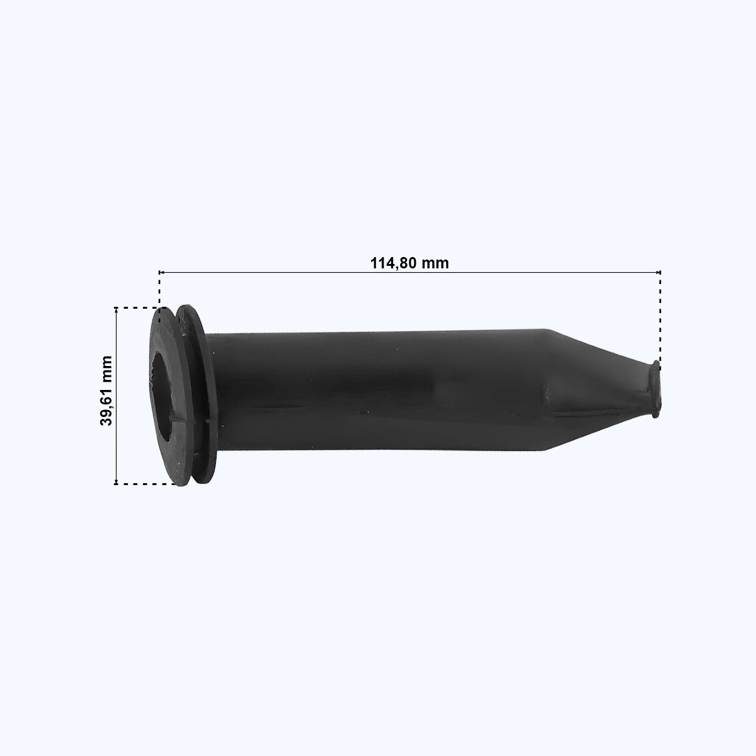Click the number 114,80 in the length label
pos(394,263)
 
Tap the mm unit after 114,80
pos(435,264)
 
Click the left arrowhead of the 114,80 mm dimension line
pos(161,272)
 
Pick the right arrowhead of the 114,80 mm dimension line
pos(658,272)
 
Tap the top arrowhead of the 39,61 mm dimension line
pos(116,309)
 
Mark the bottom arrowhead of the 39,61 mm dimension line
pos(116,481)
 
